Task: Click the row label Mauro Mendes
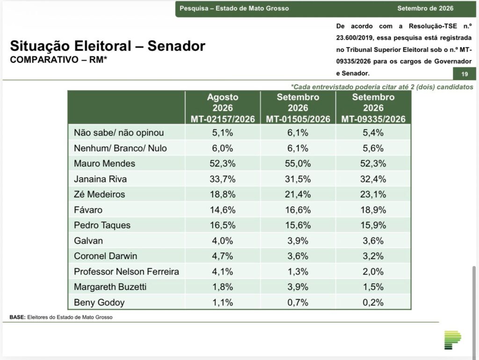coord(104,163)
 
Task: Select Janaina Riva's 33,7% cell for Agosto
coord(222,179)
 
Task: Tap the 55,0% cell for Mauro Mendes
coord(298,163)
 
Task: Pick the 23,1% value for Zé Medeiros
coord(373,194)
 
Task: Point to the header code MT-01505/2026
coord(298,119)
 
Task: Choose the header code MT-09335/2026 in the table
coord(373,119)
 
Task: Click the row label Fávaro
coord(88,210)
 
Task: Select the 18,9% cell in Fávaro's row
coord(373,210)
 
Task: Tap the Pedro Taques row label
coord(102,225)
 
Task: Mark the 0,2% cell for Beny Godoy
coord(373,302)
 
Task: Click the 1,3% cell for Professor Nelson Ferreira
coord(298,272)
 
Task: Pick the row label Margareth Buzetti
coord(110,287)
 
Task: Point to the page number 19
coord(464,74)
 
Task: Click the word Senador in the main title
coord(176,46)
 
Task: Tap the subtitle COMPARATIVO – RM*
coord(58,59)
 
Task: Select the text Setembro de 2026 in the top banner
coord(425,8)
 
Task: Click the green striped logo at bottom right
coord(452,340)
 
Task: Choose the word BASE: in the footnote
coord(17,317)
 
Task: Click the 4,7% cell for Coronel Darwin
coord(222,256)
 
